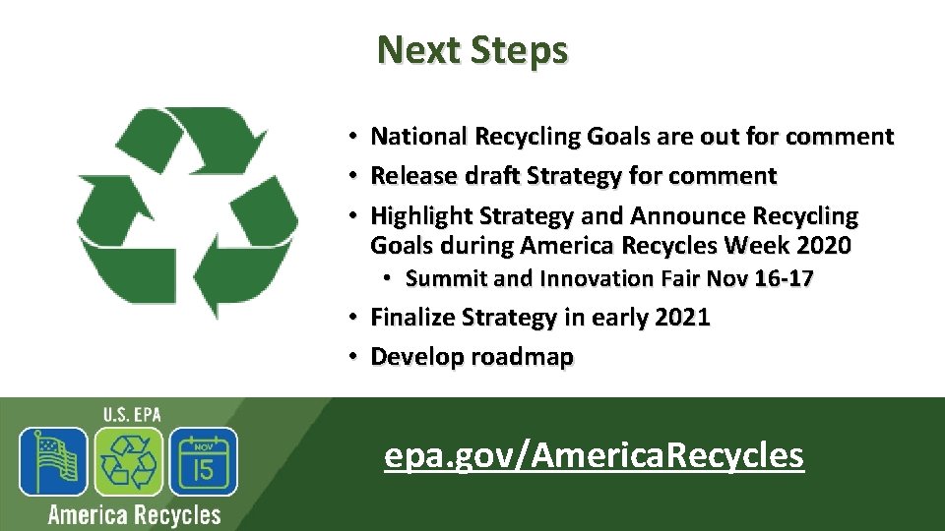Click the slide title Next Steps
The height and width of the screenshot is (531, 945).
[472, 49]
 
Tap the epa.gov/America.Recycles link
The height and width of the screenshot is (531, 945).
[594, 455]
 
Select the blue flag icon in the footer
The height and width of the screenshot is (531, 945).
[55, 461]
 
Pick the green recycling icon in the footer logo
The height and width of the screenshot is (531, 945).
[129, 461]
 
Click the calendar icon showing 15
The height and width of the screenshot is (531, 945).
[203, 461]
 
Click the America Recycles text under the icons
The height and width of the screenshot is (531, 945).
[134, 514]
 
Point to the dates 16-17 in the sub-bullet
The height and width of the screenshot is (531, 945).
[784, 279]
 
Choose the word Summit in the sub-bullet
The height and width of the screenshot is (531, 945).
[446, 279]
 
